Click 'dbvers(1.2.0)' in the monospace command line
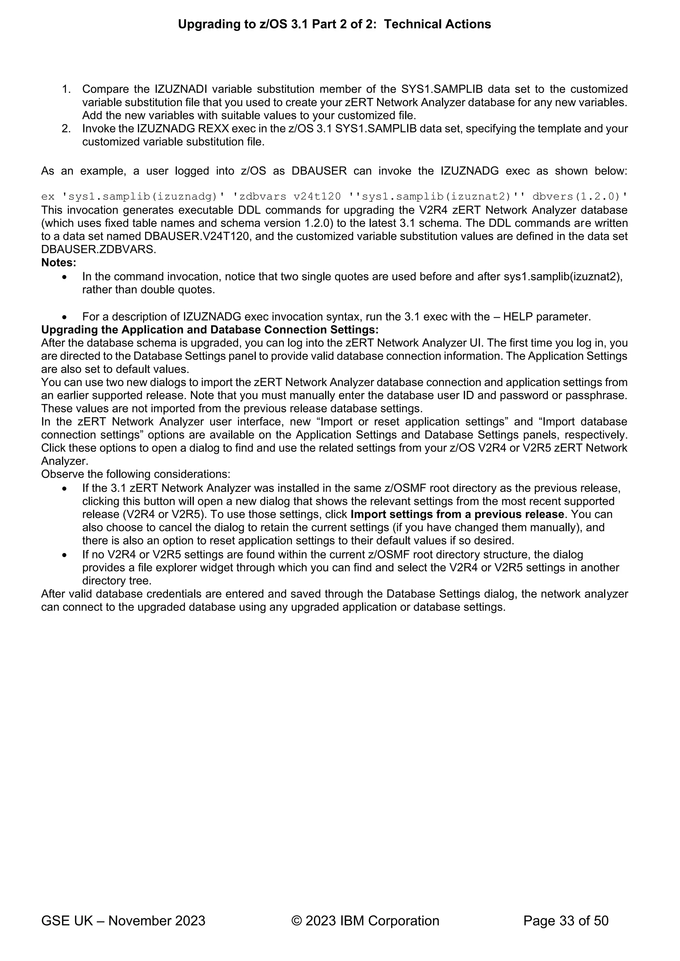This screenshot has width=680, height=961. pos(580,196)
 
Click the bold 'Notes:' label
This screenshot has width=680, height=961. pos(59,263)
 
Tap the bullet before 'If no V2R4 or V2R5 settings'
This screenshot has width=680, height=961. pos(64,555)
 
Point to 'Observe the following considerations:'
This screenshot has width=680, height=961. pos(136,474)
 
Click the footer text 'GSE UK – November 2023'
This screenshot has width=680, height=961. pos(123,921)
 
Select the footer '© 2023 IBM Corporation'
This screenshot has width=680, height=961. pos(365,921)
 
